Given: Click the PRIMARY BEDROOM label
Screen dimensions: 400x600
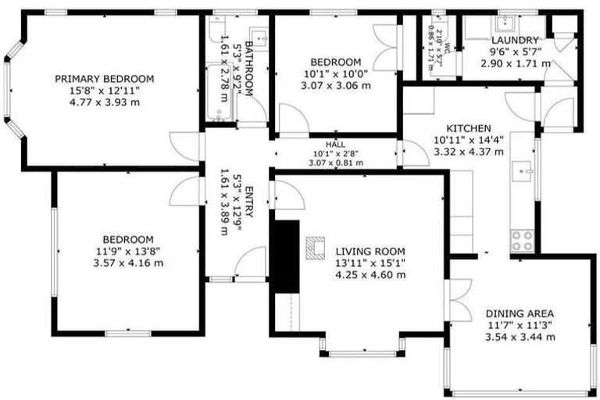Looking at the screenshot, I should pos(104,79).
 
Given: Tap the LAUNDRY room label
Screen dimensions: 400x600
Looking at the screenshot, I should pos(515,40).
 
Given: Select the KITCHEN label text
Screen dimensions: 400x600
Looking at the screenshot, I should pos(468,128).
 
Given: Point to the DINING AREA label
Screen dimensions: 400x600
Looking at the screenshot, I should pos(520,312).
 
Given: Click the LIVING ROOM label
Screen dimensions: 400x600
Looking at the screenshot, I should pos(370,251).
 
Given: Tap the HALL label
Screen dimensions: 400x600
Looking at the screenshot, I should pos(335,145).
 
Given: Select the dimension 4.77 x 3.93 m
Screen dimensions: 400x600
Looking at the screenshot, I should pos(104,102).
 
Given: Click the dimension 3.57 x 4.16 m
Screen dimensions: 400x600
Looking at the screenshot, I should pos(128,262).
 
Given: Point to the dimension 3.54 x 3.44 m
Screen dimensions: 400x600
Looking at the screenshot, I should pos(520,337).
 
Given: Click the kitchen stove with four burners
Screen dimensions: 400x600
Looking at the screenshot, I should pos(522,239).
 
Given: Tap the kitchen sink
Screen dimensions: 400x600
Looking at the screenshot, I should pos(523,170).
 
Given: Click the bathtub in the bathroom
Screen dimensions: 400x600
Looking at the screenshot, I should pos(219,94).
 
